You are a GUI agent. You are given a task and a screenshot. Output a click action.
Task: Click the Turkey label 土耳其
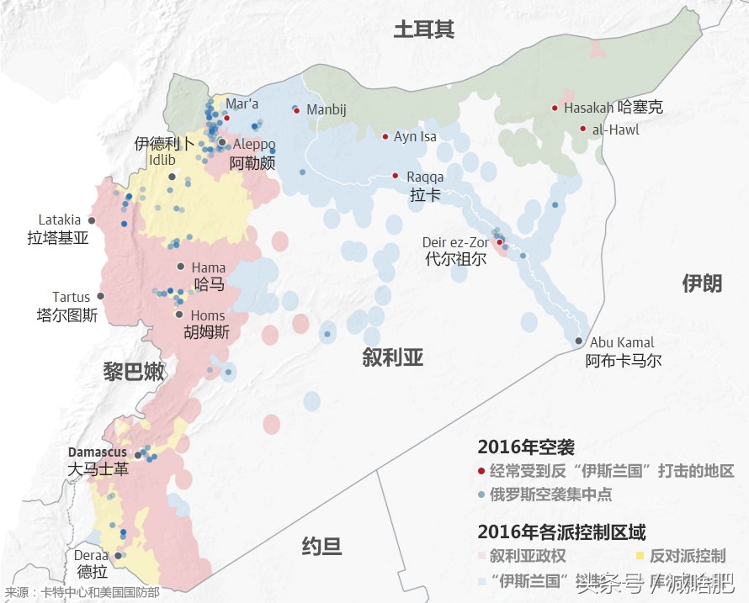tap(424, 30)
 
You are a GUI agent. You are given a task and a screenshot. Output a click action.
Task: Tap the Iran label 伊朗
tap(701, 283)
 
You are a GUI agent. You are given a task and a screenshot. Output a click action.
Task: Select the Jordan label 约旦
tap(321, 547)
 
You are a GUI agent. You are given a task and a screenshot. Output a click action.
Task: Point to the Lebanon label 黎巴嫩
tap(134, 371)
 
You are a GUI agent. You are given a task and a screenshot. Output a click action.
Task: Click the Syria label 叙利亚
tap(392, 358)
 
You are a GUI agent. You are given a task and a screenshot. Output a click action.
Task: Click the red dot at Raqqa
tap(395, 176)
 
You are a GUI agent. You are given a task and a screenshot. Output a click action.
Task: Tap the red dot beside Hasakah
tap(555, 108)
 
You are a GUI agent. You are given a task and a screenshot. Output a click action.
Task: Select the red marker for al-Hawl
tap(582, 129)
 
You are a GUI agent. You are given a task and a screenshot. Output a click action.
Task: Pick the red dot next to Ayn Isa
tap(385, 136)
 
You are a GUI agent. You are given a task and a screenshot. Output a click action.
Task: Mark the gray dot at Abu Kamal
tap(579, 341)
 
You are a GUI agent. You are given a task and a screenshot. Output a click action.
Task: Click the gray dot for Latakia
tap(92, 220)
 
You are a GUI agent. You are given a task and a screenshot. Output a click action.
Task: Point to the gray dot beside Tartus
tap(100, 296)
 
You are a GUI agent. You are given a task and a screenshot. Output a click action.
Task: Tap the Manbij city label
tap(327, 110)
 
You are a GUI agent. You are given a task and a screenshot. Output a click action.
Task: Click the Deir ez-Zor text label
tap(455, 242)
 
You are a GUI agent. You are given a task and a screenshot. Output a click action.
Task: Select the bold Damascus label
tap(98, 452)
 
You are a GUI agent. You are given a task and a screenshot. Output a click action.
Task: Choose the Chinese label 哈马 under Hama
tap(210, 284)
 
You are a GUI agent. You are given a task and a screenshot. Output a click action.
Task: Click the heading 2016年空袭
tap(526, 447)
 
